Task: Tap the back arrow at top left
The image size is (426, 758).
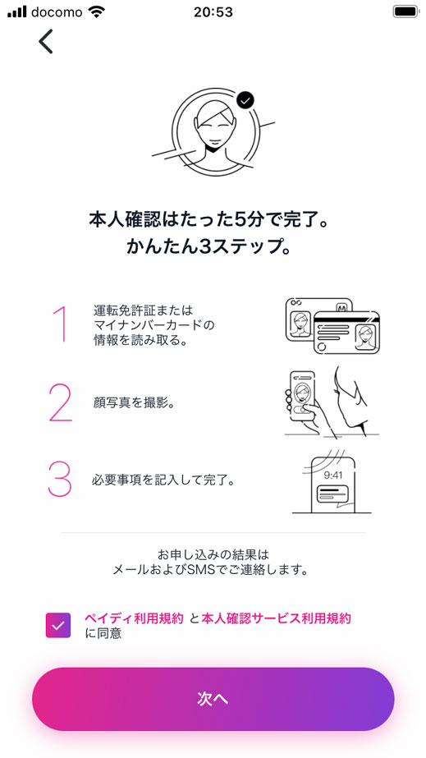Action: coord(46,41)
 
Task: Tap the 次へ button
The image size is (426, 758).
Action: coord(213,698)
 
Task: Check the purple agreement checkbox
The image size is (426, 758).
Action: coord(59,626)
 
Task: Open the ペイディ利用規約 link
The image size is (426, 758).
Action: coord(134,618)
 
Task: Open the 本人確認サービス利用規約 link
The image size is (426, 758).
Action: coord(276,618)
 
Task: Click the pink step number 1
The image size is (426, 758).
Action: coord(59,324)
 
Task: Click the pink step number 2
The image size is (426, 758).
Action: coord(60,402)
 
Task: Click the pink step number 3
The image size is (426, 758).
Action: coord(60,479)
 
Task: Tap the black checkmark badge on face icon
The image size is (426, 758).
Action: coord(245,100)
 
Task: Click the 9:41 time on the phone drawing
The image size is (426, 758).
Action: coord(332,474)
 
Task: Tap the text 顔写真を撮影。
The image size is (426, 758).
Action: coord(134,402)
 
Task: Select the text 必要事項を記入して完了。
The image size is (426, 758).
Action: coord(163,480)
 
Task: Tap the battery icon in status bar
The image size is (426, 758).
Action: coord(405,12)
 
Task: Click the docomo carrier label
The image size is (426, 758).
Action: coord(57,12)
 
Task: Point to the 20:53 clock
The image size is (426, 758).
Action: coord(213,12)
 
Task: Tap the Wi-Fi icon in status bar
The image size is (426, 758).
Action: coord(97,12)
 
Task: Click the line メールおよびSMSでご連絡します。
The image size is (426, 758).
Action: coord(213,568)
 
